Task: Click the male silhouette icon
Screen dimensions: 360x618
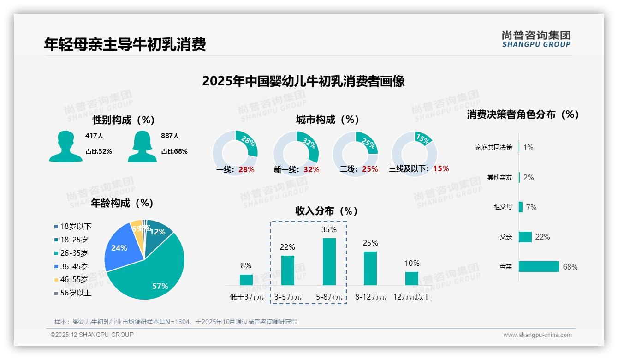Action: pyautogui.click(x=65, y=146)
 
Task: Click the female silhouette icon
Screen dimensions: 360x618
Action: pyautogui.click(x=142, y=146)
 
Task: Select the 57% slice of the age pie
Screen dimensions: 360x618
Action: pyautogui.click(x=152, y=272)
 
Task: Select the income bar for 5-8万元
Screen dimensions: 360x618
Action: pyautogui.click(x=329, y=262)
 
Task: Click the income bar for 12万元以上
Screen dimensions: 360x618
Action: pyautogui.click(x=411, y=278)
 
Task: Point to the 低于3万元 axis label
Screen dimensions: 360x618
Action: pyautogui.click(x=246, y=297)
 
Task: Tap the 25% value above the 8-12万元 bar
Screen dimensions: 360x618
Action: pyautogui.click(x=370, y=243)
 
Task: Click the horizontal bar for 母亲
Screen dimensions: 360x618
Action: pyautogui.click(x=539, y=267)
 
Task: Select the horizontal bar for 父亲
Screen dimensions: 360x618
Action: pyautogui.click(x=525, y=237)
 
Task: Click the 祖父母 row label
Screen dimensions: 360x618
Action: pyautogui.click(x=503, y=207)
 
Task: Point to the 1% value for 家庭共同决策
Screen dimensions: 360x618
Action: pyautogui.click(x=528, y=147)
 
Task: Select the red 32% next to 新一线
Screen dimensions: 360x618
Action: pyautogui.click(x=311, y=169)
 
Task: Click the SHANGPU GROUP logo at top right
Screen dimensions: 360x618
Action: pyautogui.click(x=536, y=39)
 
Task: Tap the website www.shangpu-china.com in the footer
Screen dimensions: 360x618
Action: pyautogui.click(x=537, y=335)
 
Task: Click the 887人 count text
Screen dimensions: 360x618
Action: pyautogui.click(x=170, y=136)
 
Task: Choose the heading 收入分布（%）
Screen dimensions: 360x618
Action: pyautogui.click(x=327, y=211)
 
